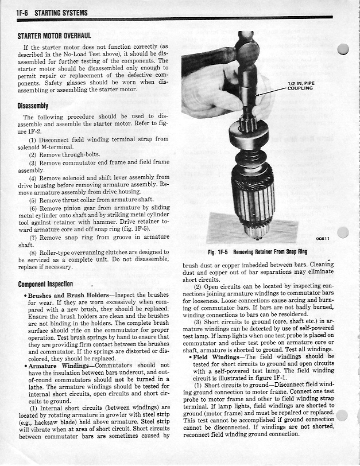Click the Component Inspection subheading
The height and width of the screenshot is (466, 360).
pyautogui.click(x=45, y=284)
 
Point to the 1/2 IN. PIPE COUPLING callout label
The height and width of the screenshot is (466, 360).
pyautogui.click(x=300, y=86)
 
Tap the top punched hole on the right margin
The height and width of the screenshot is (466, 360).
pyautogui.click(x=344, y=49)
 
